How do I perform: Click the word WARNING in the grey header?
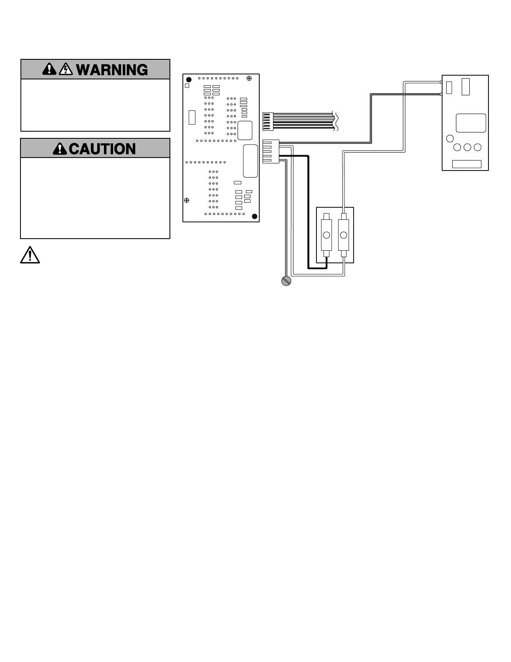coord(112,70)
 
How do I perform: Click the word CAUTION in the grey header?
coord(102,149)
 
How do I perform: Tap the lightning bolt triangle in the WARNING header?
coord(66,69)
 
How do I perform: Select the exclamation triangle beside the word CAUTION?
coord(60,149)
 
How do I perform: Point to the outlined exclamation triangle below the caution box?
coord(30,255)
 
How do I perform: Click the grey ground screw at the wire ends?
coord(286,281)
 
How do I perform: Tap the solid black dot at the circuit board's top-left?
coord(189,79)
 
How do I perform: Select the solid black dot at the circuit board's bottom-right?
coord(255,216)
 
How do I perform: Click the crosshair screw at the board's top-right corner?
coord(249,78)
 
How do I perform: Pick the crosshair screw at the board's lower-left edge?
coord(187,200)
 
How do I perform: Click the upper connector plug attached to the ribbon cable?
coord(268,122)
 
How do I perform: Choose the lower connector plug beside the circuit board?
coord(271,151)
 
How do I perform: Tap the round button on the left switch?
coord(326,235)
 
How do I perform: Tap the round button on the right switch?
coord(344,235)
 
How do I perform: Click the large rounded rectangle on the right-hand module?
coord(471,123)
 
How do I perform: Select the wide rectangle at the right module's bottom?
coord(467,164)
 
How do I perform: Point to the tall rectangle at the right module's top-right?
coord(465,87)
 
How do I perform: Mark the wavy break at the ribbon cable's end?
coord(336,121)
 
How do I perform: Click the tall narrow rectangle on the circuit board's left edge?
coord(192,117)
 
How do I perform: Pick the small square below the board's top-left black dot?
coord(187,86)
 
